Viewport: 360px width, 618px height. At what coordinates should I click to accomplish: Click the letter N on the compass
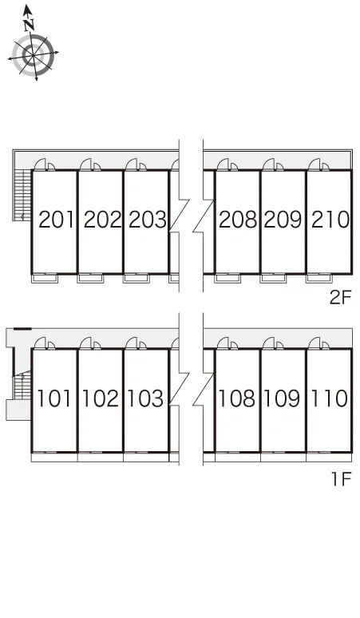tap(29, 25)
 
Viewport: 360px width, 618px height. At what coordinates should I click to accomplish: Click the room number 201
tap(57, 220)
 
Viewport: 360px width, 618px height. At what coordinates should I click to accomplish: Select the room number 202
tap(102, 220)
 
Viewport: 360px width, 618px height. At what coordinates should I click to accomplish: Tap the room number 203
tap(148, 220)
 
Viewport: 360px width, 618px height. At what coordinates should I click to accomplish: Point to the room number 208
tap(238, 220)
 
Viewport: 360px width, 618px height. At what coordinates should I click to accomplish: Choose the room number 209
tap(283, 220)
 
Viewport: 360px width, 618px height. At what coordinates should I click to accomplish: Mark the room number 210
tap(330, 220)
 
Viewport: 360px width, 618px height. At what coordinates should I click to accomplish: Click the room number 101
tap(54, 398)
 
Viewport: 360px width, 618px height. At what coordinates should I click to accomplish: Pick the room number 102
tap(100, 398)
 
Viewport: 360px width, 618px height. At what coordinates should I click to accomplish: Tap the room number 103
tap(145, 398)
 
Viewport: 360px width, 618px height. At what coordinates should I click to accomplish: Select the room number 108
tap(236, 398)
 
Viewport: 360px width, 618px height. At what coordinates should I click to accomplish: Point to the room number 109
tap(282, 398)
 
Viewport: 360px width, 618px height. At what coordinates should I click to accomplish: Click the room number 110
tap(330, 398)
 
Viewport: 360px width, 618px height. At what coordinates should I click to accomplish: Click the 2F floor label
tap(340, 298)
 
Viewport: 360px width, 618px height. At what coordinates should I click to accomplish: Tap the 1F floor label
tap(341, 479)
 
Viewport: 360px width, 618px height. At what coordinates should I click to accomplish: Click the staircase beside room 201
tap(22, 195)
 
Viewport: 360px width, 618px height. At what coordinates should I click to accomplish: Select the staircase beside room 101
tap(22, 385)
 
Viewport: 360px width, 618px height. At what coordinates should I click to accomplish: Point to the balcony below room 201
tap(45, 278)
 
